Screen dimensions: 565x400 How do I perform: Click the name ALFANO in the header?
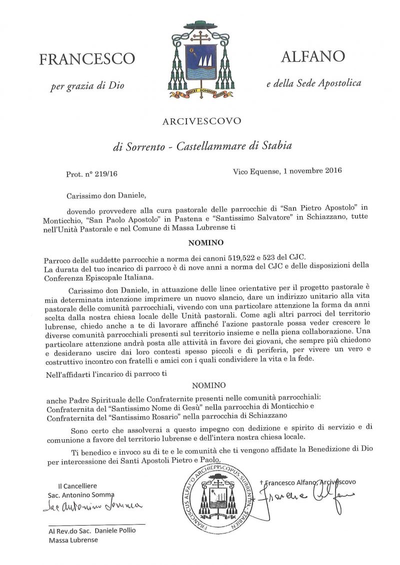click(x=312, y=56)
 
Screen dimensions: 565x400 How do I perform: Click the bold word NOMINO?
click(x=201, y=245)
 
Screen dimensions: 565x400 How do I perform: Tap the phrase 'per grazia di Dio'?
click(x=87, y=85)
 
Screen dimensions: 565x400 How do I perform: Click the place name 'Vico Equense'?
click(x=255, y=171)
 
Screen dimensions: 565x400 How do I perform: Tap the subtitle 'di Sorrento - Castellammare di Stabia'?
click(x=201, y=147)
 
